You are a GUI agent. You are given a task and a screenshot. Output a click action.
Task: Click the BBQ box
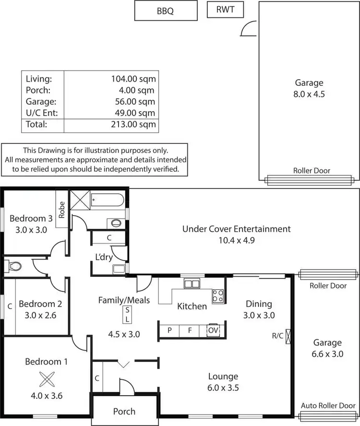pos(166,11)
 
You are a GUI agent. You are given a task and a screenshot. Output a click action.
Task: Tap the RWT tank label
pos(225,9)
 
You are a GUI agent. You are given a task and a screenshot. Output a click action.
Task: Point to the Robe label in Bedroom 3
pos(62,209)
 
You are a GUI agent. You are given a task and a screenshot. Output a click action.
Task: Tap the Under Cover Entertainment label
pos(236,229)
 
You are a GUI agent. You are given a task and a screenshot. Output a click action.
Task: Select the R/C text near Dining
pos(277,336)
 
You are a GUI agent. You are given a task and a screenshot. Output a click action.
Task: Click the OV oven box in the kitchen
pos(212,330)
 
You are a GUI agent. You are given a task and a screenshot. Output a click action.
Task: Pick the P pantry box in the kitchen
pos(169,330)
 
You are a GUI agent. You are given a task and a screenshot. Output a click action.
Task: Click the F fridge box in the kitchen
pos(190,330)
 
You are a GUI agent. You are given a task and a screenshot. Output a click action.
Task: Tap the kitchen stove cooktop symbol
pos(218,296)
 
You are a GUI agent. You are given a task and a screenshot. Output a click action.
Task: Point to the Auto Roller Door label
pos(328,406)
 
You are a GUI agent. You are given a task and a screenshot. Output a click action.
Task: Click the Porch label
pos(124,411)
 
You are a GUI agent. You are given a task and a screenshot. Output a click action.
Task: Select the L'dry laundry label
pos(104,257)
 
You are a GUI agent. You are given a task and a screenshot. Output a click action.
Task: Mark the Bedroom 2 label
pos(40,304)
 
